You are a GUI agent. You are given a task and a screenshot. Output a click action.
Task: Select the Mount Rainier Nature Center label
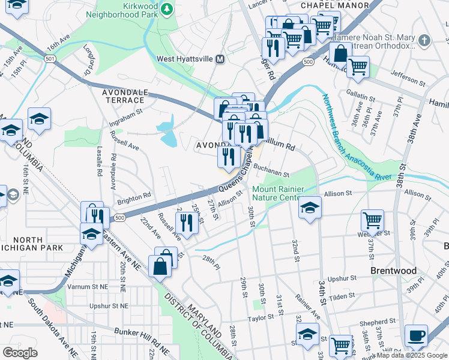coord(276,193)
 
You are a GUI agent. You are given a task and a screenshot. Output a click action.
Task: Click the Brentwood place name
coord(393,271)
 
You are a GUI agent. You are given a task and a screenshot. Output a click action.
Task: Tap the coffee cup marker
coord(416,335)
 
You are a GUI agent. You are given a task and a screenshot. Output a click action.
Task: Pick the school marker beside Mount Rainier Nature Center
coord(310,208)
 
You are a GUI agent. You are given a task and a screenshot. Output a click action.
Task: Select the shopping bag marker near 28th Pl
coord(161,266)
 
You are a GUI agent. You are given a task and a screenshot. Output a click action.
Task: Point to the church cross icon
coord(424,41)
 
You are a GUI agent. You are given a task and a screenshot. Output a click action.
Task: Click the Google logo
coord(20,352)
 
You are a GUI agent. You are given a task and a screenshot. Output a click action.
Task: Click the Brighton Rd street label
coord(134,197)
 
